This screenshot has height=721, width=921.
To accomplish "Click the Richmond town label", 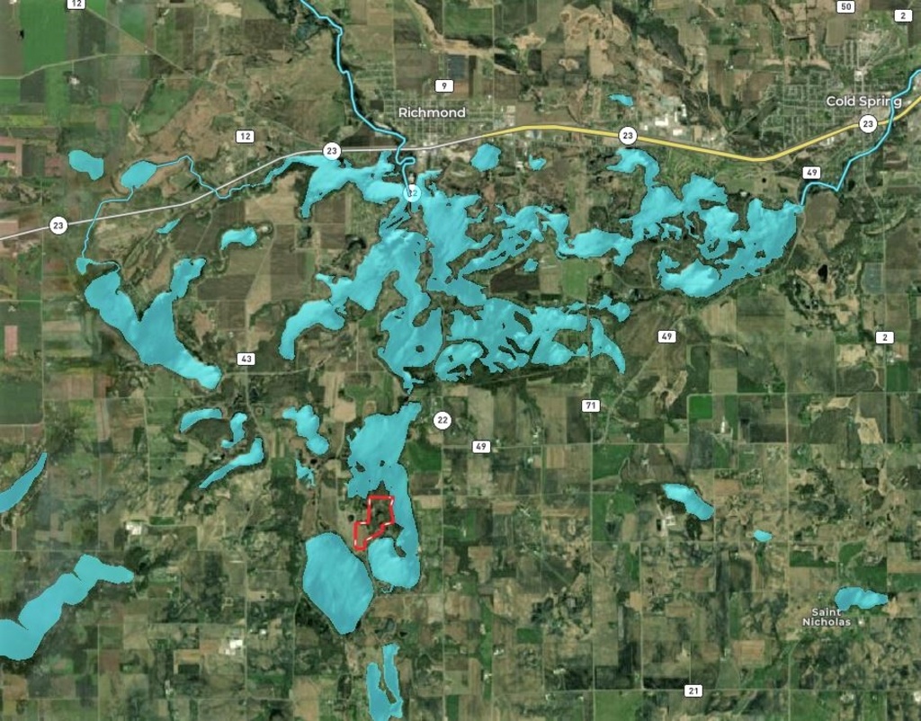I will pyautogui.click(x=432, y=112).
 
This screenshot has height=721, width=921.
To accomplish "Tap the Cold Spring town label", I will pyautogui.click(x=863, y=102).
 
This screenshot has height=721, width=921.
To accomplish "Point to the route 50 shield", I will pyautogui.click(x=844, y=7).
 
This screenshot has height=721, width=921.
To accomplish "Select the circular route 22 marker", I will pyautogui.click(x=442, y=420).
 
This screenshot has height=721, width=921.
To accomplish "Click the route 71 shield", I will pyautogui.click(x=590, y=405).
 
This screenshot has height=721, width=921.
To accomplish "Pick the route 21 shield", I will pyautogui.click(x=693, y=690).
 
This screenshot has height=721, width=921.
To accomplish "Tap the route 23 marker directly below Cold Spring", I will pyautogui.click(x=867, y=124).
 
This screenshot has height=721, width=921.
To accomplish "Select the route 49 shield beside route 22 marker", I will pyautogui.click(x=481, y=446).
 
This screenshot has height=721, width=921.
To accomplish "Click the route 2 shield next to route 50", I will pyautogui.click(x=902, y=16).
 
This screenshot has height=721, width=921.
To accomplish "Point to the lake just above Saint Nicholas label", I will pyautogui.click(x=859, y=597).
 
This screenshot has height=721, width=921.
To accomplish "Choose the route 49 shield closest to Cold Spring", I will pyautogui.click(x=812, y=172).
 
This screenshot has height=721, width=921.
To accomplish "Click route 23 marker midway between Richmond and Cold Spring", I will pyautogui.click(x=628, y=136).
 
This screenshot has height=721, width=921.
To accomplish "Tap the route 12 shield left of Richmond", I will pyautogui.click(x=244, y=137).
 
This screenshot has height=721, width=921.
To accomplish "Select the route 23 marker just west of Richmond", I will pyautogui.click(x=332, y=150).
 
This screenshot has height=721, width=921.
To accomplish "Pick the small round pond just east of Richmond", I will pyautogui.click(x=486, y=157).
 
